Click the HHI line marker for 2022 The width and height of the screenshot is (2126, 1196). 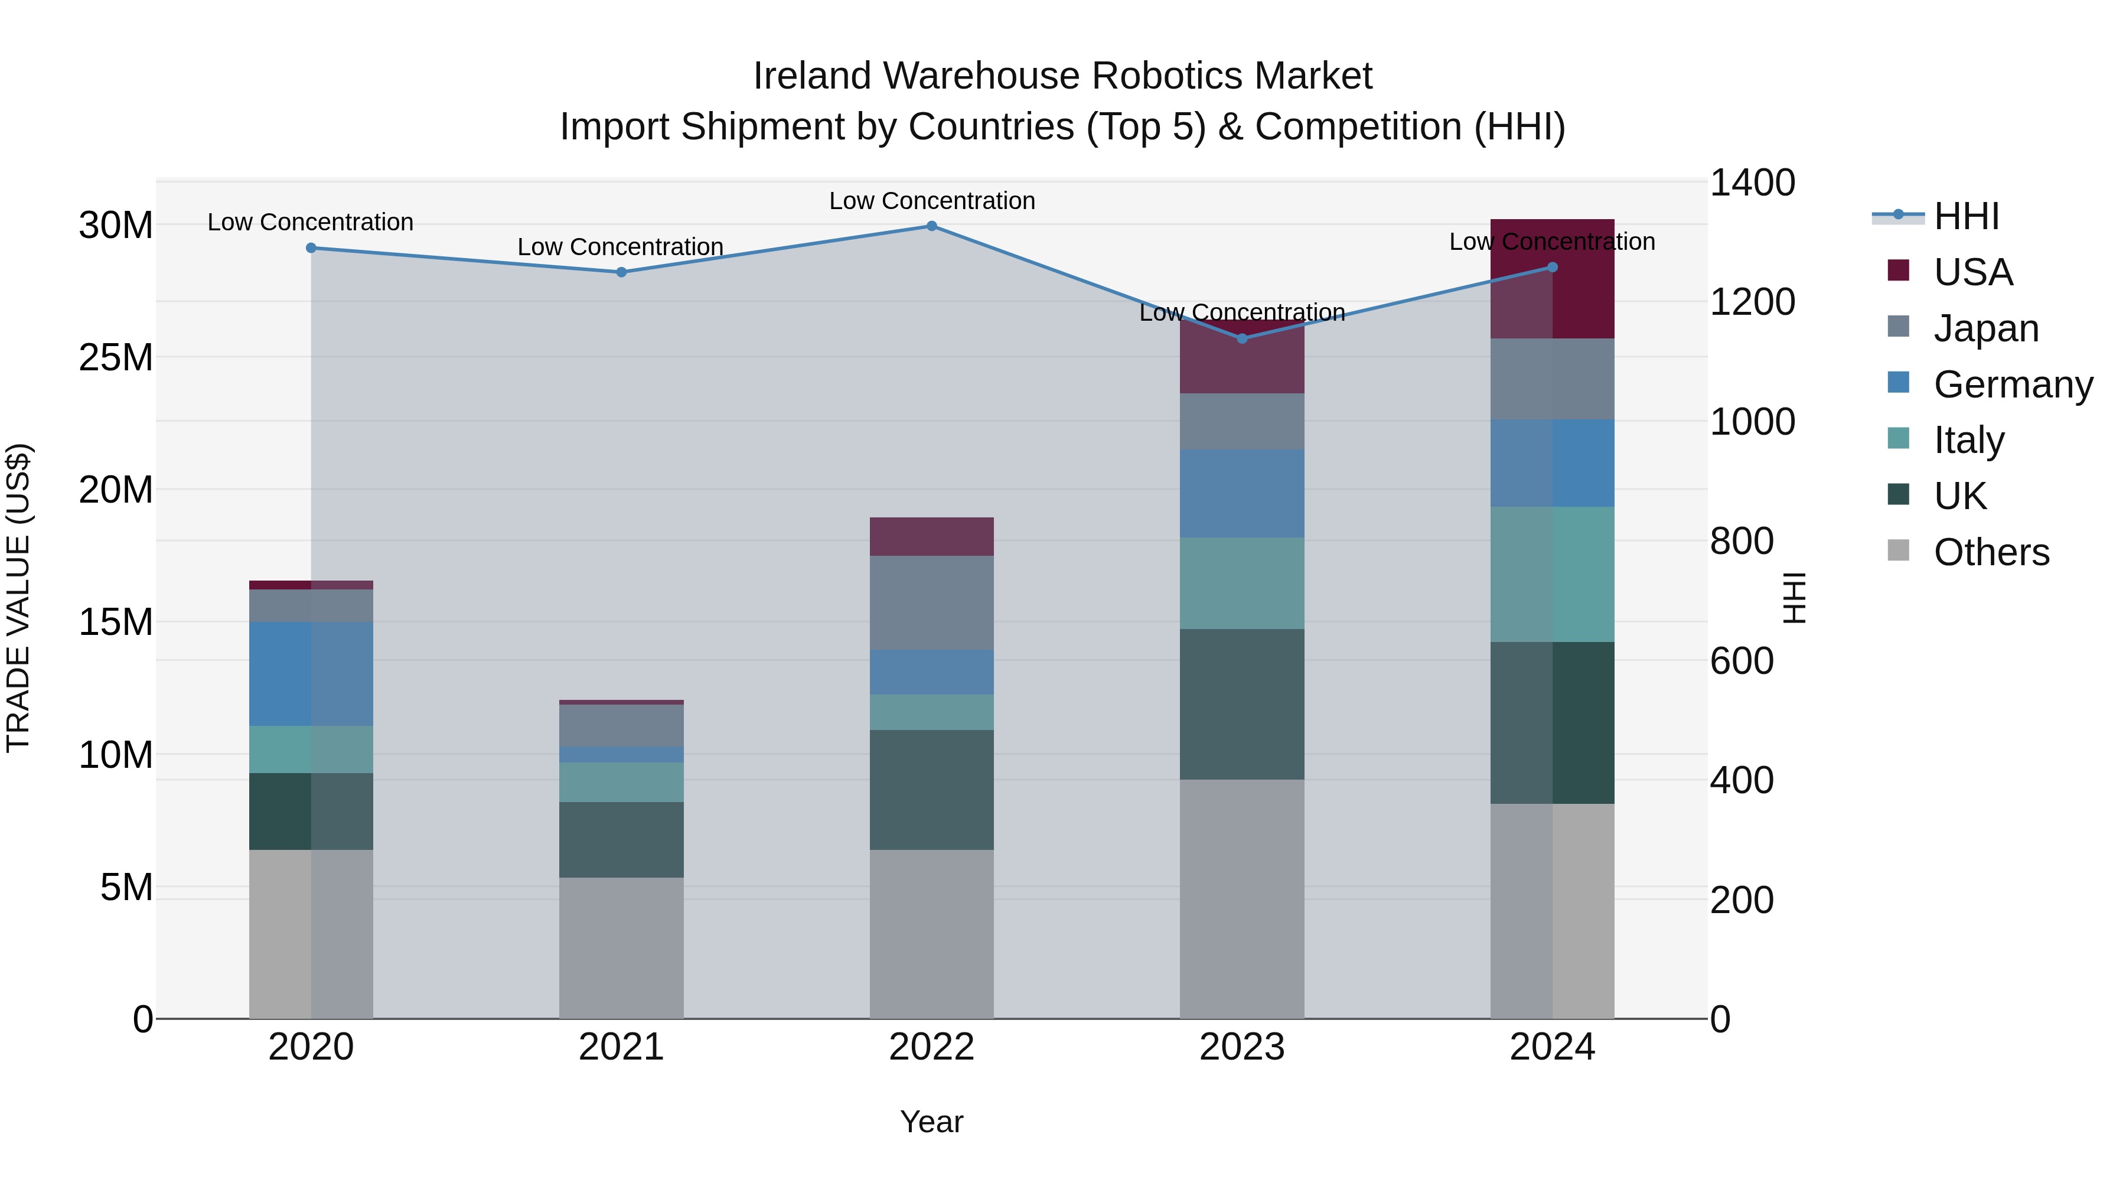[932, 226]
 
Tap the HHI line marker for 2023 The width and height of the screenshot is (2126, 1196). [1242, 338]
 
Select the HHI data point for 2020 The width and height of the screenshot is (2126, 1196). [311, 247]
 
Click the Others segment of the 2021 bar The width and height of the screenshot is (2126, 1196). [621, 947]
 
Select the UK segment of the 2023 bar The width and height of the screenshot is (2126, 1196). [1242, 704]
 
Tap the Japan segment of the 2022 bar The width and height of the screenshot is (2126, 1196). [932, 602]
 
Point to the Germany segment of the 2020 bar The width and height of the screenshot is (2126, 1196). [311, 673]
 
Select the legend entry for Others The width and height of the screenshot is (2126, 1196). [1991, 552]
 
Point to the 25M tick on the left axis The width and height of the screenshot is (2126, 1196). [116, 357]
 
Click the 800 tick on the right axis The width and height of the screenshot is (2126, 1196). [1742, 542]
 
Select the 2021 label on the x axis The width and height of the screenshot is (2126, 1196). [621, 1047]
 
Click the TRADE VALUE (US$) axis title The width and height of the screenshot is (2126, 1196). [18, 598]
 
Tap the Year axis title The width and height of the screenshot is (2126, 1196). [932, 1122]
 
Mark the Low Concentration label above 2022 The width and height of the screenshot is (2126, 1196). [932, 201]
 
